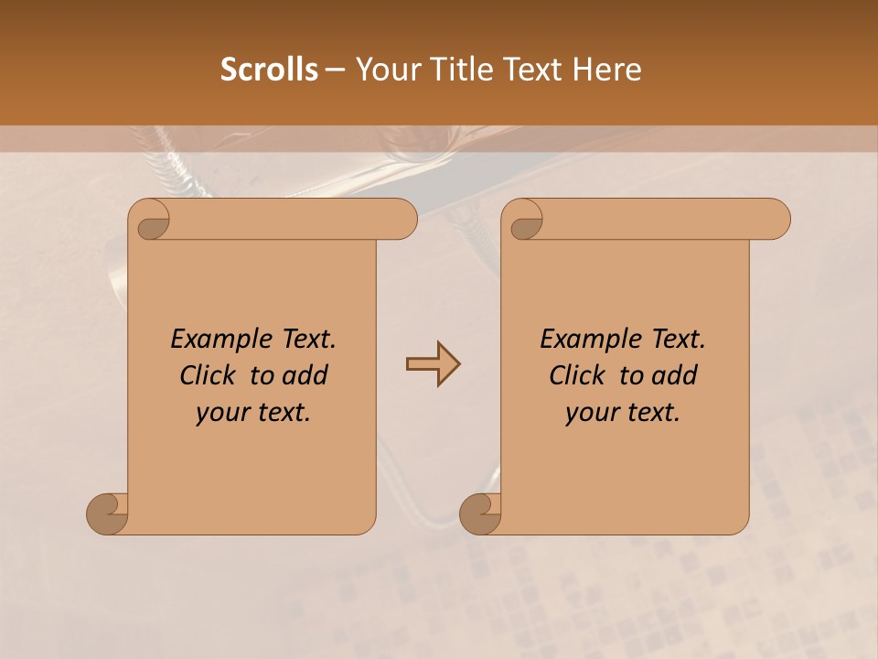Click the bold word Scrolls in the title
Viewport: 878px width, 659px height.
[x=269, y=70]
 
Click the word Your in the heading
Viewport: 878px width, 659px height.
[x=388, y=70]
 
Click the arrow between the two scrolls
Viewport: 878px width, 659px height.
[x=433, y=364]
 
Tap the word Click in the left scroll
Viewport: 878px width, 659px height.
[x=209, y=375]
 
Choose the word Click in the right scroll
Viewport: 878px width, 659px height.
[x=577, y=375]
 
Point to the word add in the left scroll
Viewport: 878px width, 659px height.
[x=305, y=375]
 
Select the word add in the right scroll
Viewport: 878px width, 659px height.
[x=674, y=375]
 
